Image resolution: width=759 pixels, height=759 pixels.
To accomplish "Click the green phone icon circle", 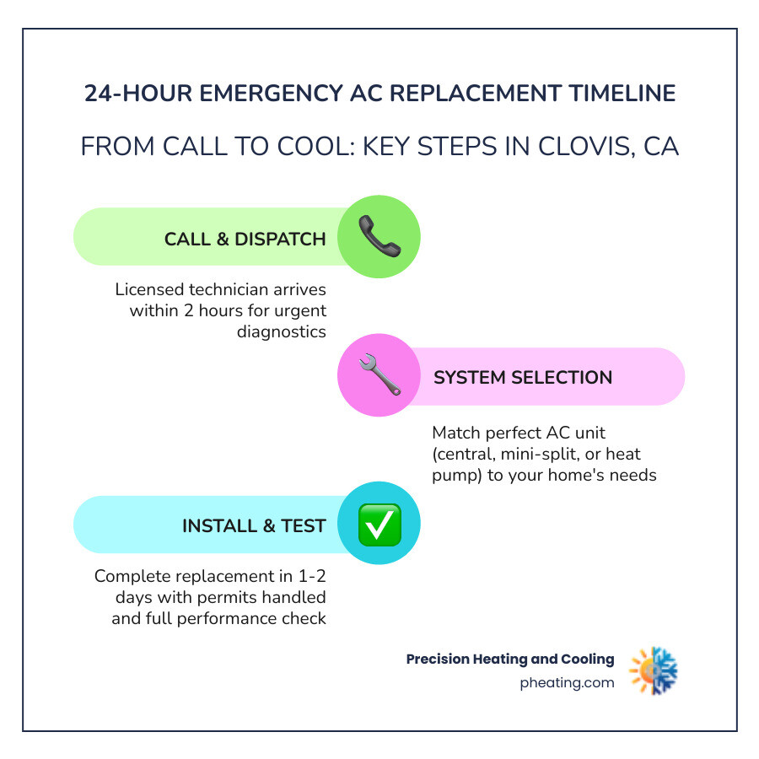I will (x=379, y=237).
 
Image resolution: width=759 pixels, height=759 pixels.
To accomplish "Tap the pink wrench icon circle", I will (x=379, y=376).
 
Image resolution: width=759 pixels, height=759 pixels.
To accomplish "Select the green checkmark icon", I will (x=379, y=525).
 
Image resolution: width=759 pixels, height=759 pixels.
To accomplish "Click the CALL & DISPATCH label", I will (x=245, y=239).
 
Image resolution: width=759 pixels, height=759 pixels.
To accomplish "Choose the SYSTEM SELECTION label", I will (x=523, y=377).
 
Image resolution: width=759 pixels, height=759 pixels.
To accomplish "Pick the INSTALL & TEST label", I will (x=254, y=526).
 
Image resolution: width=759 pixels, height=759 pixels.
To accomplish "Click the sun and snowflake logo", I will (x=654, y=670).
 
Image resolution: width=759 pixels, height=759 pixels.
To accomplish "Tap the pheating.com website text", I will (x=567, y=683).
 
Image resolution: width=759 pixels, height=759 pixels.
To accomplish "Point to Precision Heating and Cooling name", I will (x=510, y=659).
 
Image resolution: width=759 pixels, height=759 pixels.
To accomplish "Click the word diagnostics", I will (x=282, y=331).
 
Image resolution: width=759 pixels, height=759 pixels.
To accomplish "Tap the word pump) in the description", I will (x=456, y=475).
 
